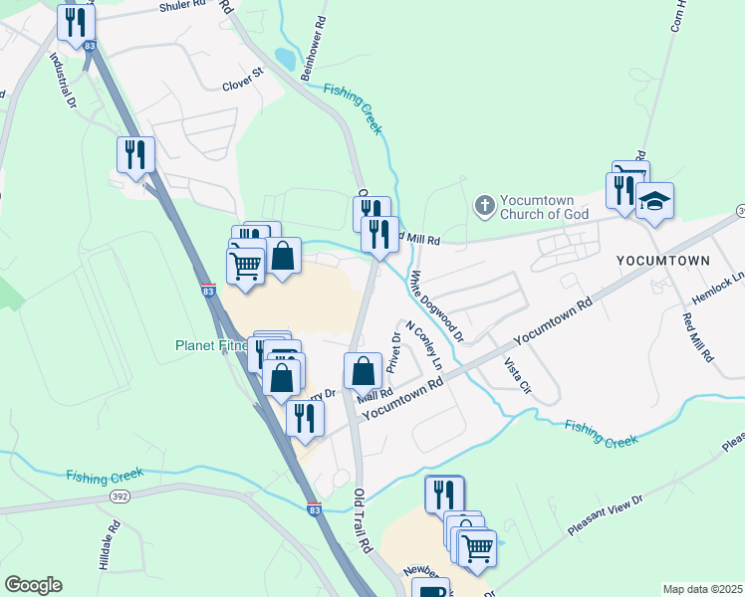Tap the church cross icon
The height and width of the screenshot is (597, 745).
pos(484,206)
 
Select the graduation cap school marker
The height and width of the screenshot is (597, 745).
pos(654,202)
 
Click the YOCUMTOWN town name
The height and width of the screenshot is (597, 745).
pos(662,261)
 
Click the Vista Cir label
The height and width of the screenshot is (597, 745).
pos(517,381)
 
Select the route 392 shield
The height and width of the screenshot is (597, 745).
pos(120,495)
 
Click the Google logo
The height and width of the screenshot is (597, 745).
pos(33,585)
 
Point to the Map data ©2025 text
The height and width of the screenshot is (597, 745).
pos(701,589)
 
